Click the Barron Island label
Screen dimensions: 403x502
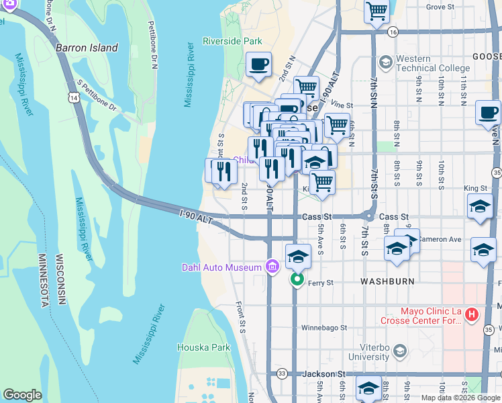pos(87,48)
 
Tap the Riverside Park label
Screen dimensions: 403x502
pos(232,41)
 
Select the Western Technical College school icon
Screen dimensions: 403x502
pos(385,62)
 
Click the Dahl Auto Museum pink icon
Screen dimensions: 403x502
pos(272,267)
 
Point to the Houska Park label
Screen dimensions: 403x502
pos(203,347)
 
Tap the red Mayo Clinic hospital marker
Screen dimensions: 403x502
pos(472,314)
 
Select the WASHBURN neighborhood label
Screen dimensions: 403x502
pos(387,281)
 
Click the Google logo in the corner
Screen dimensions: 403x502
pos(22,395)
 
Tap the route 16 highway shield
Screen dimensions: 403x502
pos(393,32)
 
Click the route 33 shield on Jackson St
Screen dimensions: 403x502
pos(282,373)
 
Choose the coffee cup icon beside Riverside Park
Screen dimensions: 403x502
pos(258,64)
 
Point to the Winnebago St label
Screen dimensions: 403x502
pos(323,328)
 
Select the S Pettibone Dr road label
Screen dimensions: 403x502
pos(97,96)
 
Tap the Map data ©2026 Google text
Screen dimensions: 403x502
pos(460,398)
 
